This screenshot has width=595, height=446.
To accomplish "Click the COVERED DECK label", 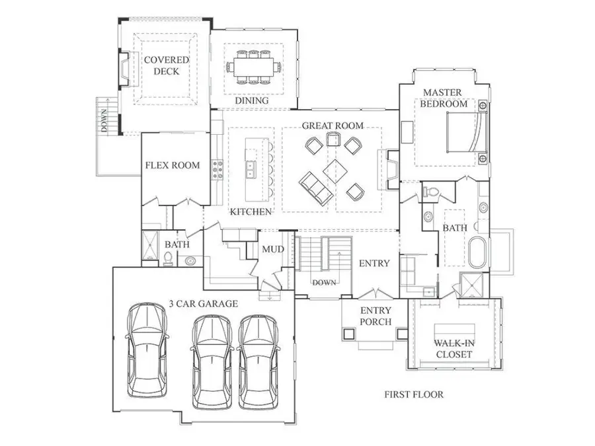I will (x=167, y=65).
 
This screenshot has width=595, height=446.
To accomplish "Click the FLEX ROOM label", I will (x=172, y=165).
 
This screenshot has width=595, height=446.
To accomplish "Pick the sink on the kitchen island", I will (x=251, y=170).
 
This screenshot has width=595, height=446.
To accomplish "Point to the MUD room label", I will (x=272, y=249).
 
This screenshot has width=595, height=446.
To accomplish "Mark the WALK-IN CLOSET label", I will (x=453, y=349).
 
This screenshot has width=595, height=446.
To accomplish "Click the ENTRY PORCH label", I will (x=375, y=316).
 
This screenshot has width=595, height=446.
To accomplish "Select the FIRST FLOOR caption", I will (x=414, y=395).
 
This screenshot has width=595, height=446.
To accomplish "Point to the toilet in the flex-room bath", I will (x=168, y=258).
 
